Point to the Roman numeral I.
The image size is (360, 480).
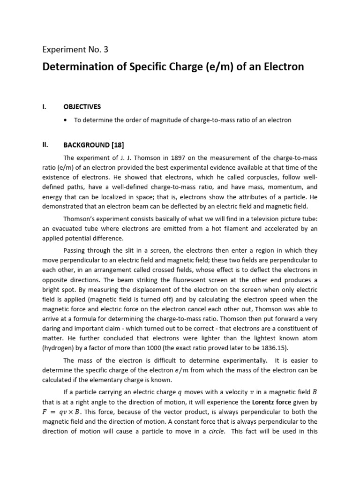44,107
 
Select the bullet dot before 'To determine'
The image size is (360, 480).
65,120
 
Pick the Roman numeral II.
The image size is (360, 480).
45,145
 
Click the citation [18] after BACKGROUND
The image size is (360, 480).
116,145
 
